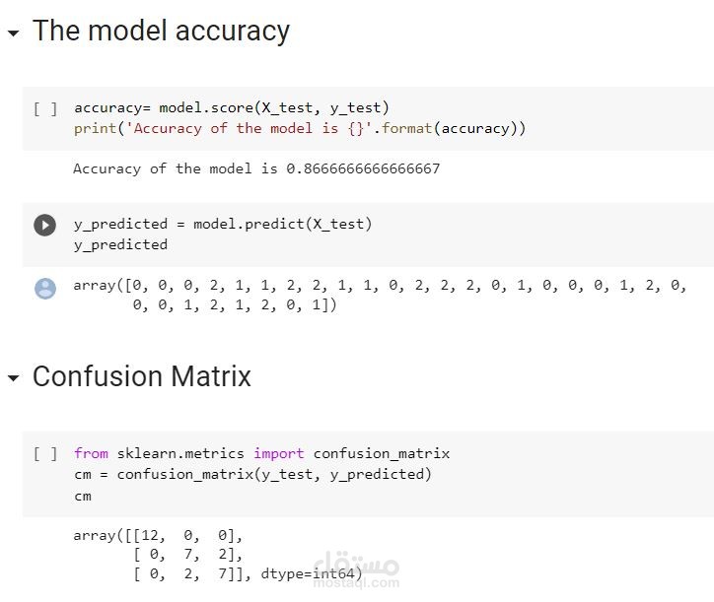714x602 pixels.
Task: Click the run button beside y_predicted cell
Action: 44,226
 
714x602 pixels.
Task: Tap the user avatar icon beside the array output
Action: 45,289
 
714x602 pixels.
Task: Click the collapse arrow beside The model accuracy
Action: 13,33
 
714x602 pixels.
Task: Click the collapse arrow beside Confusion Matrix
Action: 13,378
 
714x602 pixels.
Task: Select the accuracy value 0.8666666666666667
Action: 363,168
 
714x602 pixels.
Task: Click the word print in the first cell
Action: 96,129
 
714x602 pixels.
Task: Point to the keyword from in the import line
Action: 91,453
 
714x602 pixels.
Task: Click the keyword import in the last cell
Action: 279,453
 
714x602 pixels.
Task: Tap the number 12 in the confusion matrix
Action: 150,535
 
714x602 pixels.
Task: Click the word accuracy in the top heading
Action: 232,32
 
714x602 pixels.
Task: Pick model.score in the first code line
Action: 206,107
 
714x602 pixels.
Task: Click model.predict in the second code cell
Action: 250,224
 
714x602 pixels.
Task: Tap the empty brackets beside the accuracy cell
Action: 45,109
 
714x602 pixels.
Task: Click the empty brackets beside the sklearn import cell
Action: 45,453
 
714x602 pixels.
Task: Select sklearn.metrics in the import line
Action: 180,453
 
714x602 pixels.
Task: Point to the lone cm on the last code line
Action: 83,496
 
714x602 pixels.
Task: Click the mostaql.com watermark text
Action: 356,583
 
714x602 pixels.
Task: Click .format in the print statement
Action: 402,128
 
